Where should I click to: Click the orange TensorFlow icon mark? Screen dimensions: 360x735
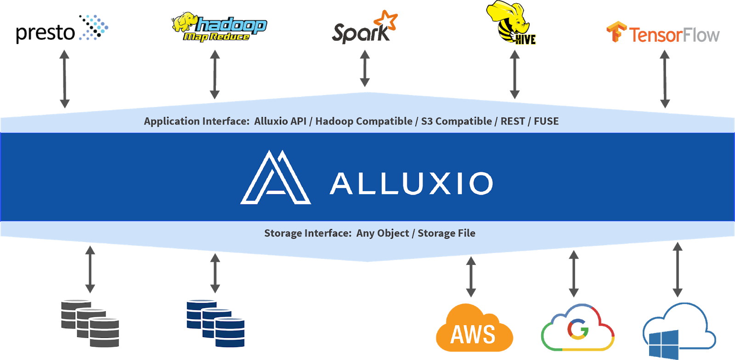616,32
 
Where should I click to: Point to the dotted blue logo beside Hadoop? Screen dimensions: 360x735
94,28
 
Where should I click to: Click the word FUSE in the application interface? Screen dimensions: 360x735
546,121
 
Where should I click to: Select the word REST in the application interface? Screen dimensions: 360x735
513,121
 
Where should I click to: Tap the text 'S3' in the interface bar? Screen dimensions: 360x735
427,121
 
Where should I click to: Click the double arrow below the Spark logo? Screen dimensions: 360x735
365,68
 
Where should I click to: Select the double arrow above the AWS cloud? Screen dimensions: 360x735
471,276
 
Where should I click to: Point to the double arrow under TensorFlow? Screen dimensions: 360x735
664,79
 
